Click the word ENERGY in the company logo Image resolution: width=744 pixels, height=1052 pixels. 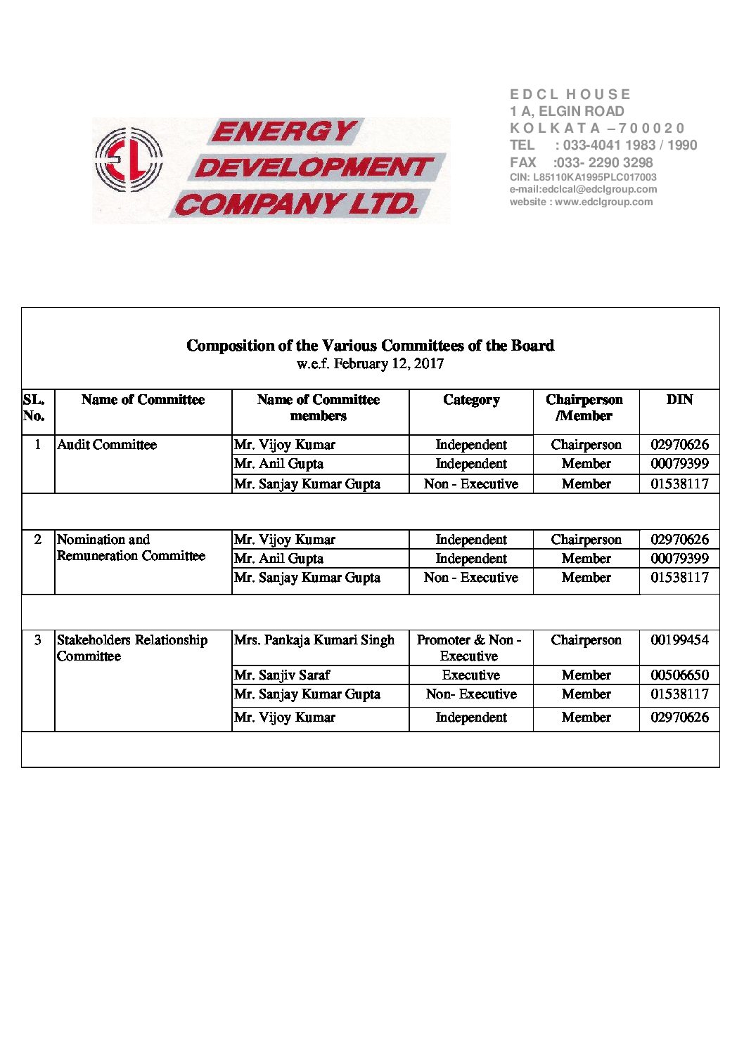tap(284, 131)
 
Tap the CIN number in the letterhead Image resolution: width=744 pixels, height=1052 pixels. tap(583, 178)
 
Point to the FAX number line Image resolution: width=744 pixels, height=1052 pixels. tap(581, 162)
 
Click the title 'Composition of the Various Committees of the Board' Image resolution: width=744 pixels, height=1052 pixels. tap(370, 346)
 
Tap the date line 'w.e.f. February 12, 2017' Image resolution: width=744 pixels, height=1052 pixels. tap(370, 364)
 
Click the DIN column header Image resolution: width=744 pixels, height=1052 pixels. tap(679, 400)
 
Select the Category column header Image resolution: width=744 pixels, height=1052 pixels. tap(471, 400)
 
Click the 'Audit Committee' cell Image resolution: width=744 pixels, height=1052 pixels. tap(107, 445)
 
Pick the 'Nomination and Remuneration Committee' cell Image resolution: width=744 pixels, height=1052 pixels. tap(131, 547)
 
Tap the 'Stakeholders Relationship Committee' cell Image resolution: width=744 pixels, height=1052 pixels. tap(132, 648)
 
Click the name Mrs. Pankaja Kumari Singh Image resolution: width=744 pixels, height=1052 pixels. tap(314, 640)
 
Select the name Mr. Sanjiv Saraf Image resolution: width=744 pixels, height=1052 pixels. tap(282, 675)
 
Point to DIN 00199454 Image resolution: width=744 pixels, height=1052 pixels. tap(679, 640)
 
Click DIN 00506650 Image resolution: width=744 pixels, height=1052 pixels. tap(679, 675)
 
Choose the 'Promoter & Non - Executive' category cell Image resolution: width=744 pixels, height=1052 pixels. tap(469, 648)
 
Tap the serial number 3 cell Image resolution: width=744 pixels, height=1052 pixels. tap(38, 640)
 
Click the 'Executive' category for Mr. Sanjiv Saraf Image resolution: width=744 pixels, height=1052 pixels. tap(471, 675)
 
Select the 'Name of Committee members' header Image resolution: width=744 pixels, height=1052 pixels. tap(319, 408)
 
